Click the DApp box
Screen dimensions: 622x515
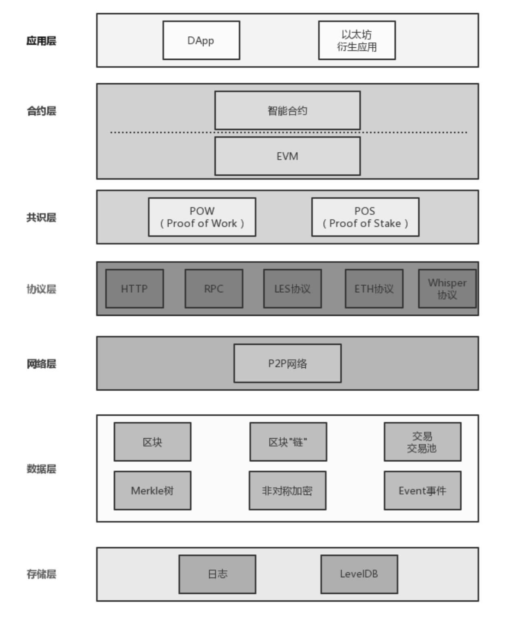pyautogui.click(x=201, y=40)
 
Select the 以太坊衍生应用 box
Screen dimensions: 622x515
pyautogui.click(x=357, y=40)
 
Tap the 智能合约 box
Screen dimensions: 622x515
pyautogui.click(x=287, y=110)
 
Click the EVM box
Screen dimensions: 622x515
pyautogui.click(x=287, y=156)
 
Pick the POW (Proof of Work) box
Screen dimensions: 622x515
pyautogui.click(x=202, y=217)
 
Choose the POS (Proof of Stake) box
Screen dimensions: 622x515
pyautogui.click(x=365, y=217)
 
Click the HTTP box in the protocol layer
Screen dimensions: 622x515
pyautogui.click(x=134, y=289)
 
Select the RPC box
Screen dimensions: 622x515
pyautogui.click(x=213, y=289)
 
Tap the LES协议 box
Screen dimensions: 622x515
pyautogui.click(x=292, y=289)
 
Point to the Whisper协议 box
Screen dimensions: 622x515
pyautogui.click(x=447, y=289)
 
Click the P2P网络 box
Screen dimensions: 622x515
pyautogui.click(x=287, y=363)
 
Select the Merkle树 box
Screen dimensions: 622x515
pyautogui.click(x=152, y=490)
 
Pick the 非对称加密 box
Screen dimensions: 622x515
pyautogui.click(x=287, y=490)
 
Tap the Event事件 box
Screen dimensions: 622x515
pyautogui.click(x=423, y=490)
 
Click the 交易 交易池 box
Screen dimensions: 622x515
pyautogui.click(x=423, y=442)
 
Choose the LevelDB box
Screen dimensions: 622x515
pyautogui.click(x=359, y=574)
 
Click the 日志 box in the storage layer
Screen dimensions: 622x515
pyautogui.click(x=217, y=574)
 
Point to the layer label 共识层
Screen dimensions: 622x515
pyautogui.click(x=41, y=218)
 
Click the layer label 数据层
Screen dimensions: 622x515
pyautogui.click(x=41, y=469)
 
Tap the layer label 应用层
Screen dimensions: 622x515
pyautogui.click(x=41, y=41)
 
